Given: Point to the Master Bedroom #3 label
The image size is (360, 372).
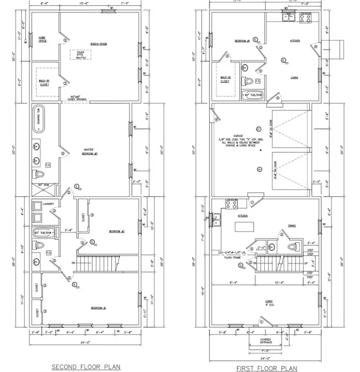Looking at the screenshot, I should [x=90, y=152].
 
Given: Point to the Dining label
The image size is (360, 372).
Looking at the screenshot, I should [x=291, y=226].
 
